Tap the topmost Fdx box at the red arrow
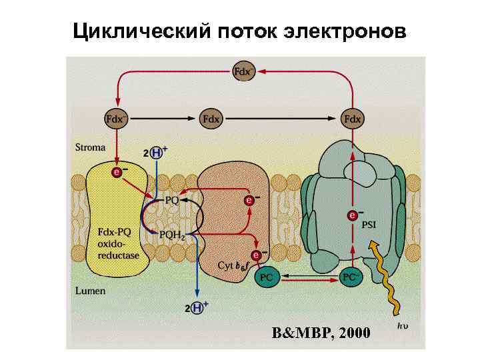point(243,70)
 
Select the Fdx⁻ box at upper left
point(117,119)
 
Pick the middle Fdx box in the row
point(211,119)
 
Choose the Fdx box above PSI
point(353,119)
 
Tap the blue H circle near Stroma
point(157,153)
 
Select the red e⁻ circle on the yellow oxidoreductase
point(117,173)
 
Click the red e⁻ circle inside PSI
point(353,215)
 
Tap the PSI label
point(369,224)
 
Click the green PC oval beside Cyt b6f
point(267,276)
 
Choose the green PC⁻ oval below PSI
point(351,276)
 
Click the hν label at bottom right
point(402,326)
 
